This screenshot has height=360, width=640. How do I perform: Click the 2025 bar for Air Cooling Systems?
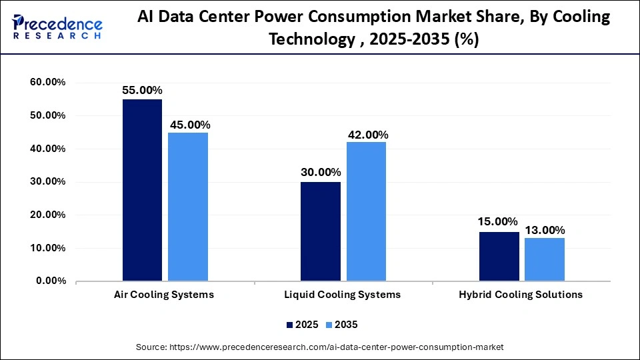(x=142, y=190)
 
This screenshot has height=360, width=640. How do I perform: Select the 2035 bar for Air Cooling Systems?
(x=188, y=207)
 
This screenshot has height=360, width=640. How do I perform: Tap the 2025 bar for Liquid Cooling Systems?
(x=320, y=231)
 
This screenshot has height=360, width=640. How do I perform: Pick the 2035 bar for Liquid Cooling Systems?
(x=366, y=211)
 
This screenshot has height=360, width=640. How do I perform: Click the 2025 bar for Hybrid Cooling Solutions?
(x=499, y=256)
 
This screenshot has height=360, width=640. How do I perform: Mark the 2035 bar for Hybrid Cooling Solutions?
(x=545, y=259)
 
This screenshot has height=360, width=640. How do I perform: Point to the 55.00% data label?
(x=142, y=90)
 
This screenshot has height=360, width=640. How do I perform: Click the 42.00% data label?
(x=368, y=135)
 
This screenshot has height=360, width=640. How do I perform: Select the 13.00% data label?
(x=545, y=230)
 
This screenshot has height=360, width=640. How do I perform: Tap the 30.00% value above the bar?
(x=320, y=173)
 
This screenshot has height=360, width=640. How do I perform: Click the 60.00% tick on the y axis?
(x=47, y=83)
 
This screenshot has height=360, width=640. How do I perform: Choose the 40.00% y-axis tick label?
(x=47, y=149)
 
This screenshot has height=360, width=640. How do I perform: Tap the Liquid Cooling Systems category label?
(x=343, y=295)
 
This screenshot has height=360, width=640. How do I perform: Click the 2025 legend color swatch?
(x=290, y=325)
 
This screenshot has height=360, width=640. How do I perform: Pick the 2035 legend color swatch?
(x=330, y=325)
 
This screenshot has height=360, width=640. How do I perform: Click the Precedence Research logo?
(x=57, y=27)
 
